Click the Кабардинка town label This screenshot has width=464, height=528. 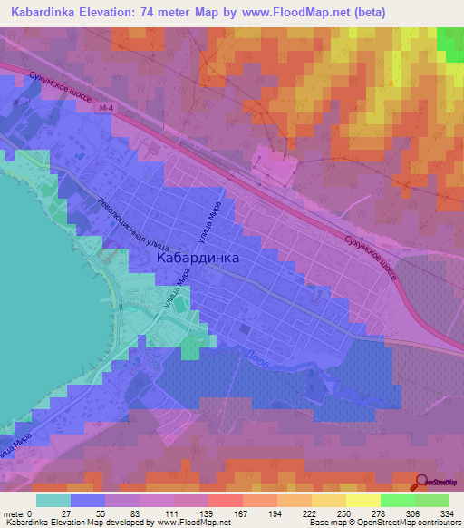pyautogui.click(x=198, y=258)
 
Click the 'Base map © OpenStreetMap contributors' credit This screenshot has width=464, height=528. pyautogui.click(x=383, y=523)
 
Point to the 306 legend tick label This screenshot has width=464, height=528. pyautogui.click(x=412, y=513)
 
